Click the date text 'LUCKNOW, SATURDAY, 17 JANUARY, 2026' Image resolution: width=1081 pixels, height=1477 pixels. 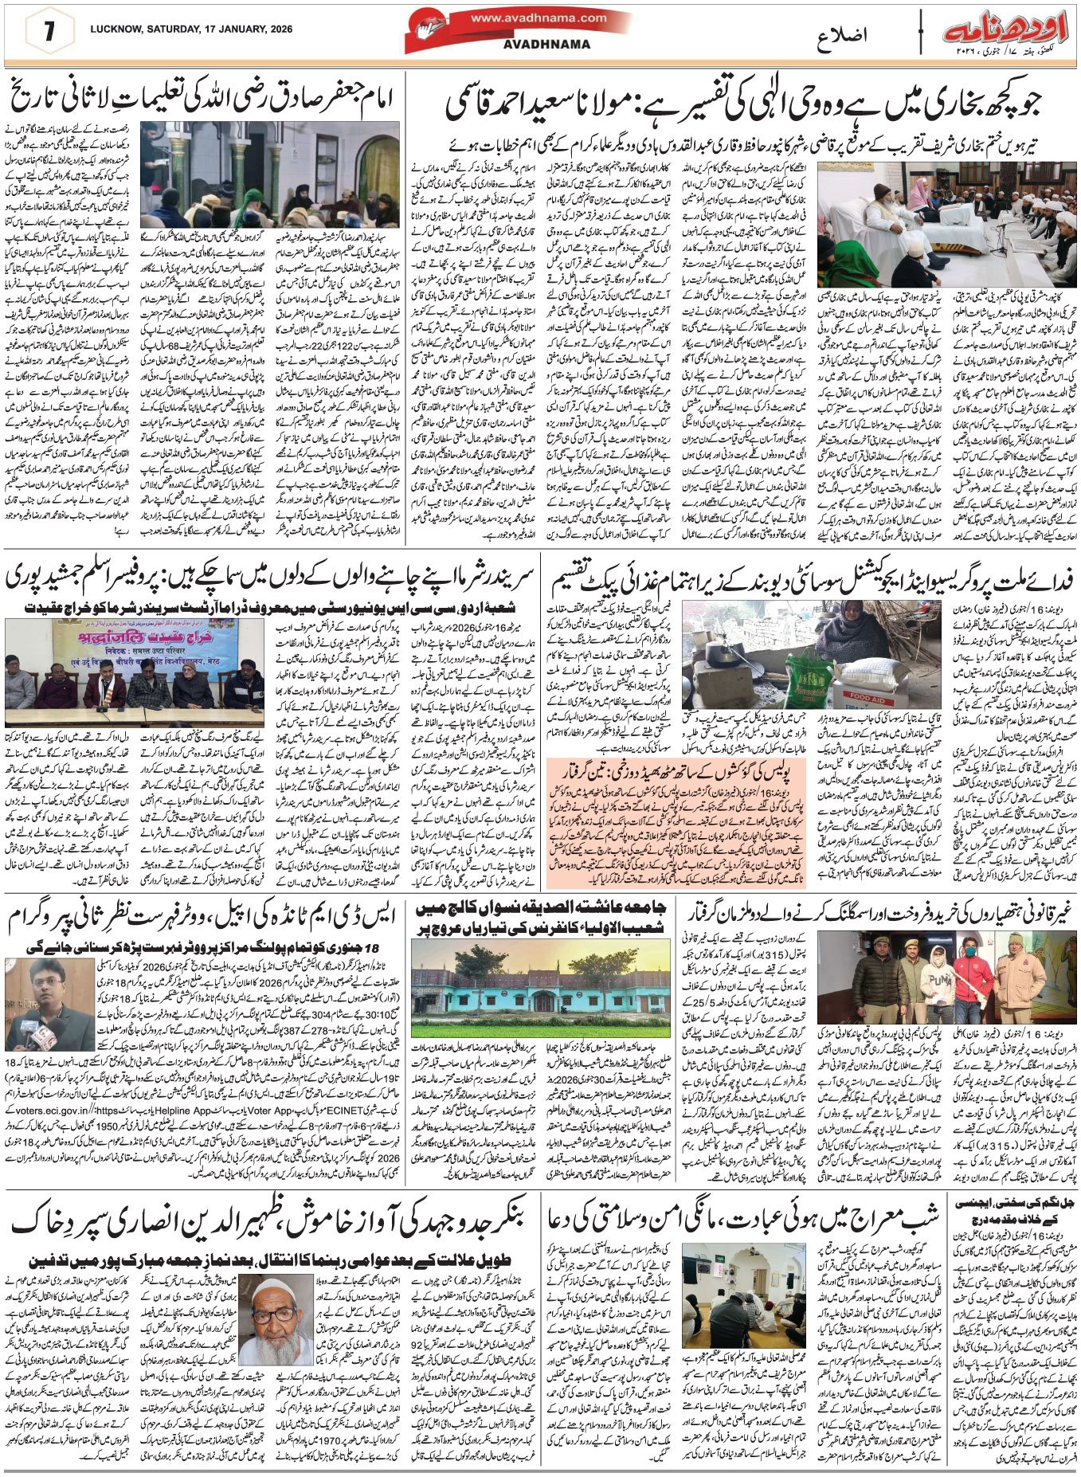191,29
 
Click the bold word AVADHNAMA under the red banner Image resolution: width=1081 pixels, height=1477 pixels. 546,45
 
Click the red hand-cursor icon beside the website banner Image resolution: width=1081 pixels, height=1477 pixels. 425,32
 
